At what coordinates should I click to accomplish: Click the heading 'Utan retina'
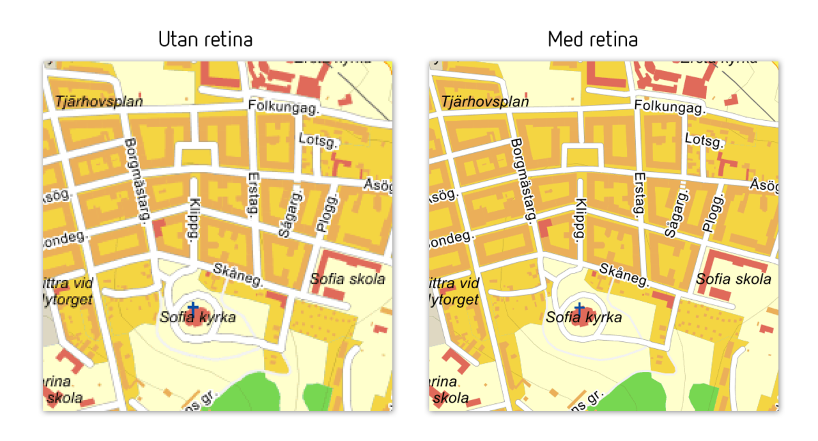pyautogui.click(x=205, y=40)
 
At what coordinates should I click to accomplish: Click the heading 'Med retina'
pyautogui.click(x=592, y=40)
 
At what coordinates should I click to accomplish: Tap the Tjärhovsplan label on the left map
pyautogui.click(x=99, y=102)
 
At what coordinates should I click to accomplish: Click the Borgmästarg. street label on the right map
pyautogui.click(x=521, y=180)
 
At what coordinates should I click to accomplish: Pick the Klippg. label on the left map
pyautogui.click(x=193, y=219)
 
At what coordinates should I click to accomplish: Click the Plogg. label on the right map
pyautogui.click(x=713, y=214)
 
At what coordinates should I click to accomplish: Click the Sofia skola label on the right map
pyautogui.click(x=733, y=279)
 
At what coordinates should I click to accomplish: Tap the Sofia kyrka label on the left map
pyautogui.click(x=197, y=317)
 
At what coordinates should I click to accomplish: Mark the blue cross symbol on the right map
pyautogui.click(x=579, y=309)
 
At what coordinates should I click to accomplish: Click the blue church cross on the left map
pyautogui.click(x=192, y=307)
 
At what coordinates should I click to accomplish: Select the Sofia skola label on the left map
pyautogui.click(x=347, y=279)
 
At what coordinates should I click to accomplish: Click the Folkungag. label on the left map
pyautogui.click(x=284, y=107)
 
